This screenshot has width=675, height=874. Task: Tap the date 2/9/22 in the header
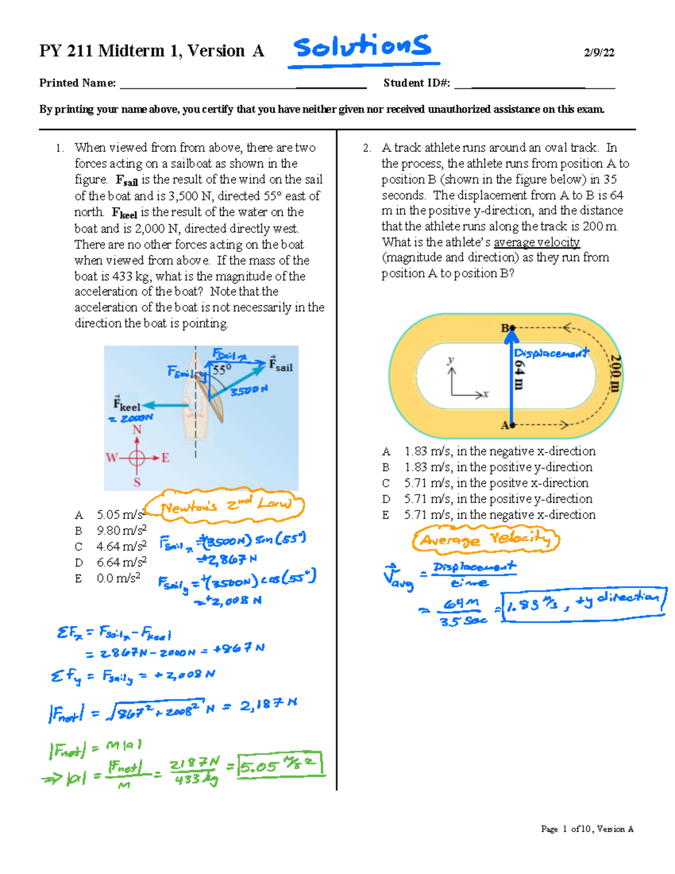click(x=598, y=53)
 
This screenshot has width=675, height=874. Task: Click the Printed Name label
click(x=77, y=83)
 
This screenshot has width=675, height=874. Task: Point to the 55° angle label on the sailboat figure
click(x=222, y=370)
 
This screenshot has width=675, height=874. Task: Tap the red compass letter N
click(x=137, y=430)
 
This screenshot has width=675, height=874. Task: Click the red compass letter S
click(x=137, y=482)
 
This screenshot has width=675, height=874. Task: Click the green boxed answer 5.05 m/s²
click(x=280, y=765)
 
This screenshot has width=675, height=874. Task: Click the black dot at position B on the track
click(x=512, y=328)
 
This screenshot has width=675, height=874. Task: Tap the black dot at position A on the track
click(x=512, y=425)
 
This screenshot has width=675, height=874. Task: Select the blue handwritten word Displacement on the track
click(x=551, y=353)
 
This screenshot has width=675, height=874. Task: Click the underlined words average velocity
click(x=537, y=242)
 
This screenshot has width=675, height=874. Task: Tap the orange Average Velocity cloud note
click(x=486, y=539)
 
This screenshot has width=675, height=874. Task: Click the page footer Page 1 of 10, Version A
click(x=587, y=828)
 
